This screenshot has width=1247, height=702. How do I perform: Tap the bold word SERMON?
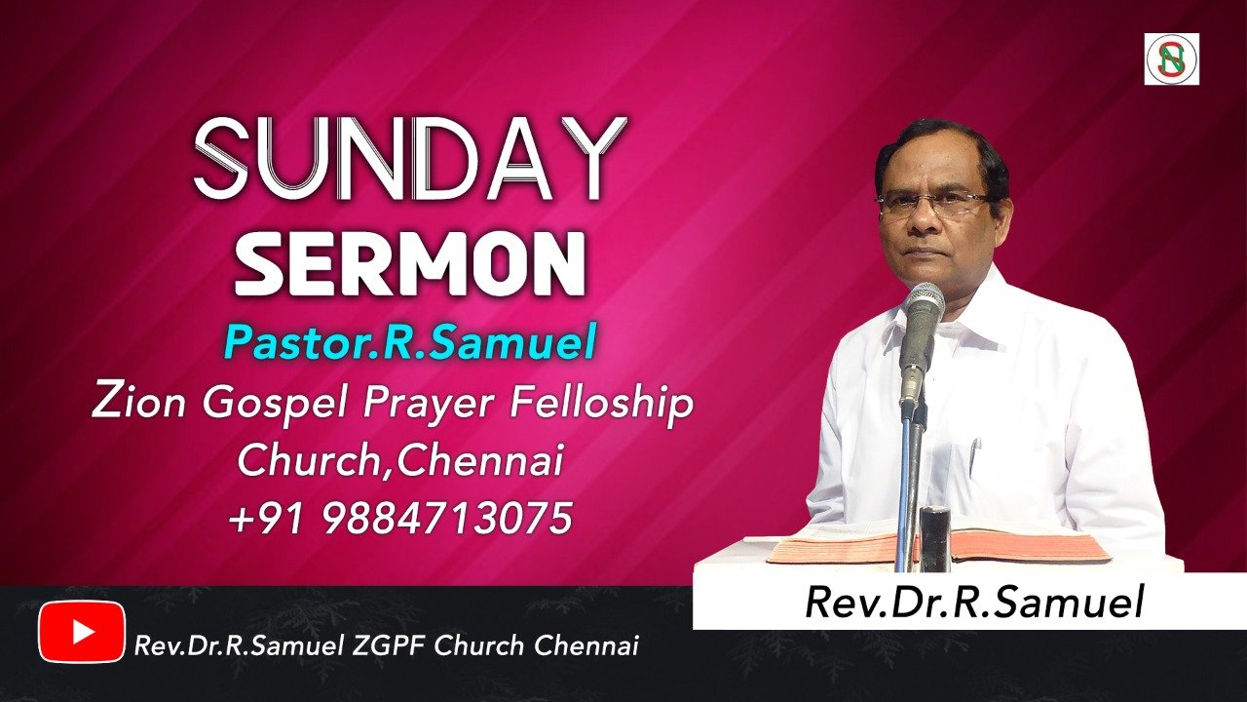(x=410, y=266)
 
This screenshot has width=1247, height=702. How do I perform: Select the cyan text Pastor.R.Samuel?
(x=410, y=342)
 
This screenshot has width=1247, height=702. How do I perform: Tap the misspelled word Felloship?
(x=601, y=405)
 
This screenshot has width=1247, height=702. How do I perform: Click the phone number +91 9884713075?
(x=400, y=517)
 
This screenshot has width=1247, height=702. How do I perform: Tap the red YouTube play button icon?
(x=82, y=632)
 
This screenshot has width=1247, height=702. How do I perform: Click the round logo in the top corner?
(x=1172, y=59)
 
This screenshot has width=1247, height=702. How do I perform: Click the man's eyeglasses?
(x=932, y=204)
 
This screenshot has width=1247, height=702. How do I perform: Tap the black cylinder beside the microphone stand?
(x=936, y=538)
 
